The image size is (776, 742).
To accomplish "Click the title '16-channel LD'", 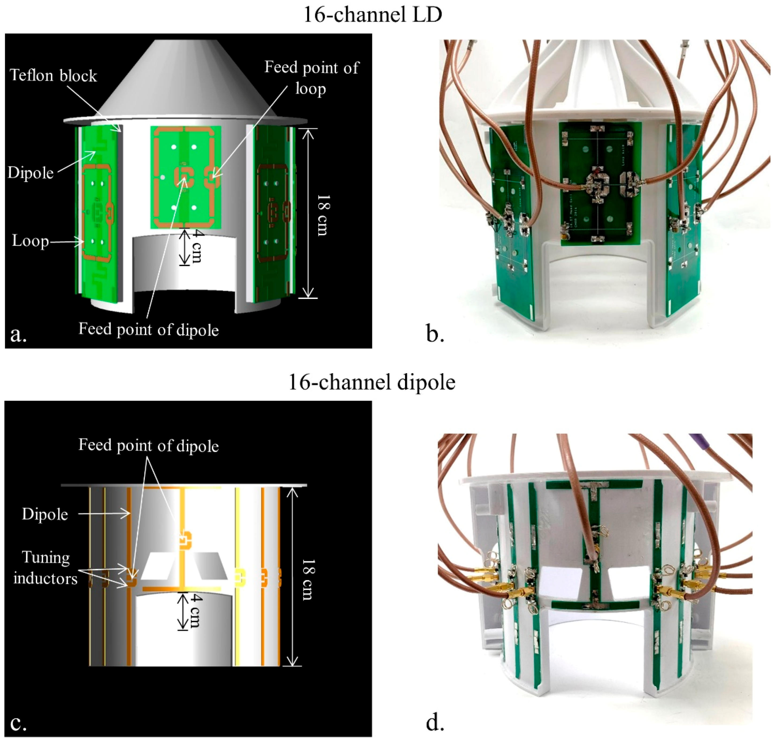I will pyautogui.click(x=372, y=15).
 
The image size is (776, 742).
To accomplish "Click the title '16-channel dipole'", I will pyautogui.click(x=372, y=382).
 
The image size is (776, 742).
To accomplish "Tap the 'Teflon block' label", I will pyautogui.click(x=53, y=75).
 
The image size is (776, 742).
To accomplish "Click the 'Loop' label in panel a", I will pyautogui.click(x=30, y=240).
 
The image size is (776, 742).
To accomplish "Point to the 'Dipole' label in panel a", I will pyautogui.click(x=30, y=173).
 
